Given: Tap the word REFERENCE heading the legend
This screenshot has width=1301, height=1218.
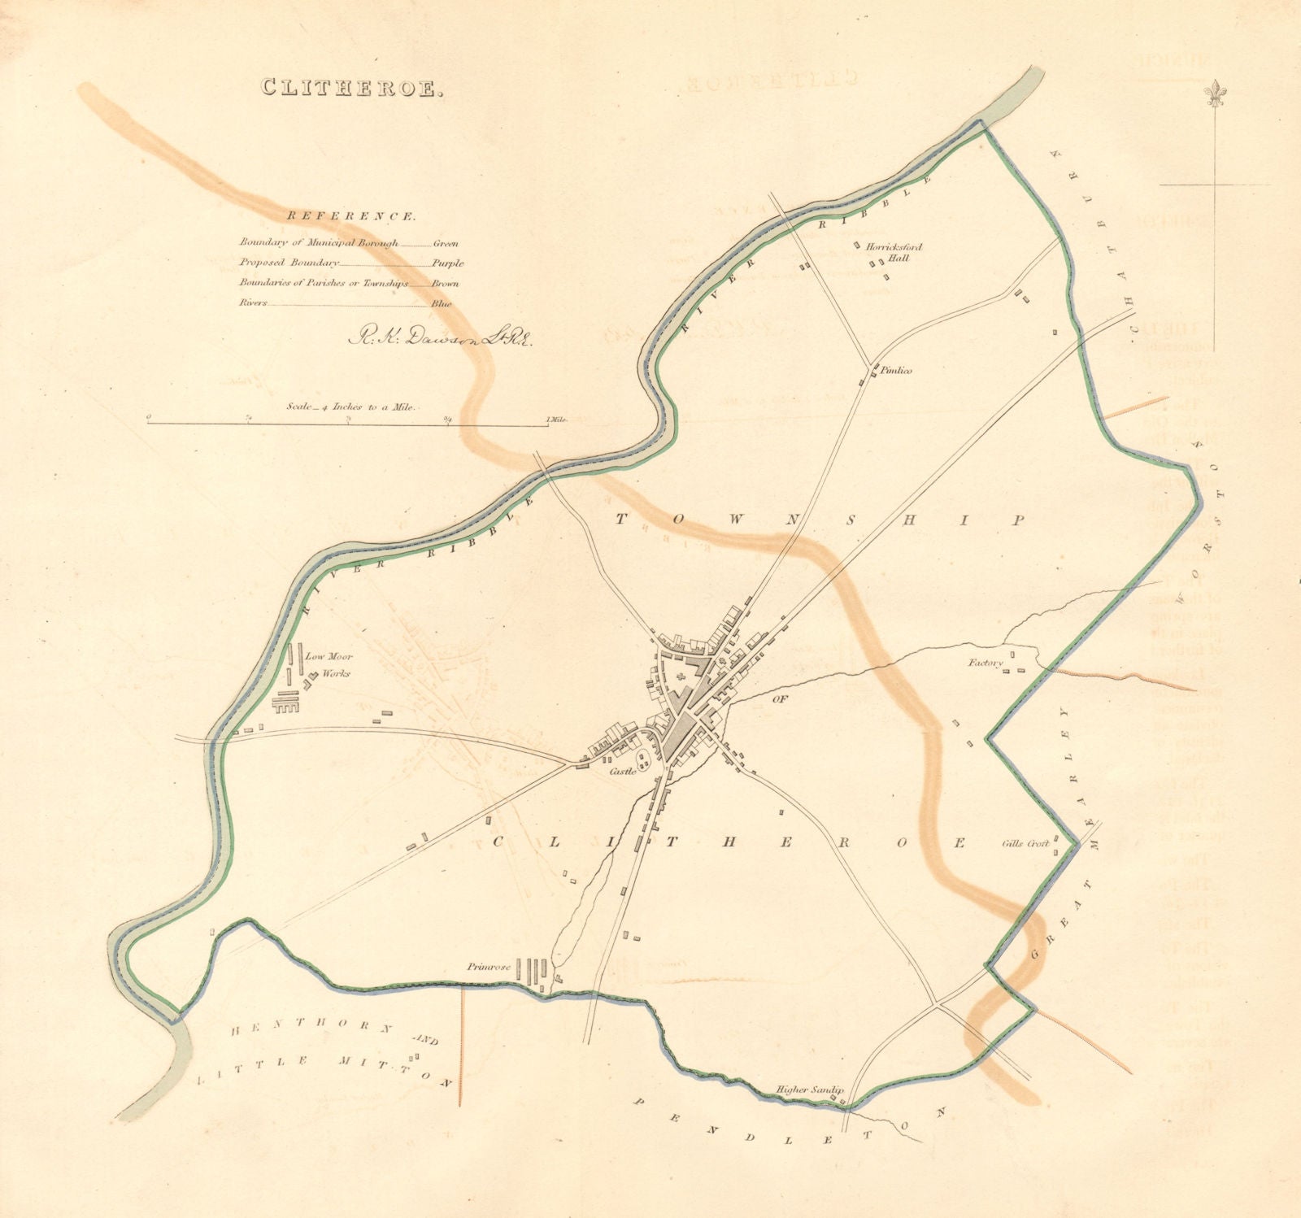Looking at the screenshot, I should coord(350,217).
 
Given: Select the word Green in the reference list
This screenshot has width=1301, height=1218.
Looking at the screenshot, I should coord(446,243).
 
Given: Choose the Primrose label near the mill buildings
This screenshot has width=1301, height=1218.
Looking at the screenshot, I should coord(488,968).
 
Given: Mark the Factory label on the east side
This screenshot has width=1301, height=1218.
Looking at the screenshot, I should coord(985,663).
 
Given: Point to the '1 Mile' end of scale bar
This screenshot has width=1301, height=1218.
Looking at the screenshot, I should coord(557,420).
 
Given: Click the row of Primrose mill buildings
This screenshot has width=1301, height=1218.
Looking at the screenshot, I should coord(533,972).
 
